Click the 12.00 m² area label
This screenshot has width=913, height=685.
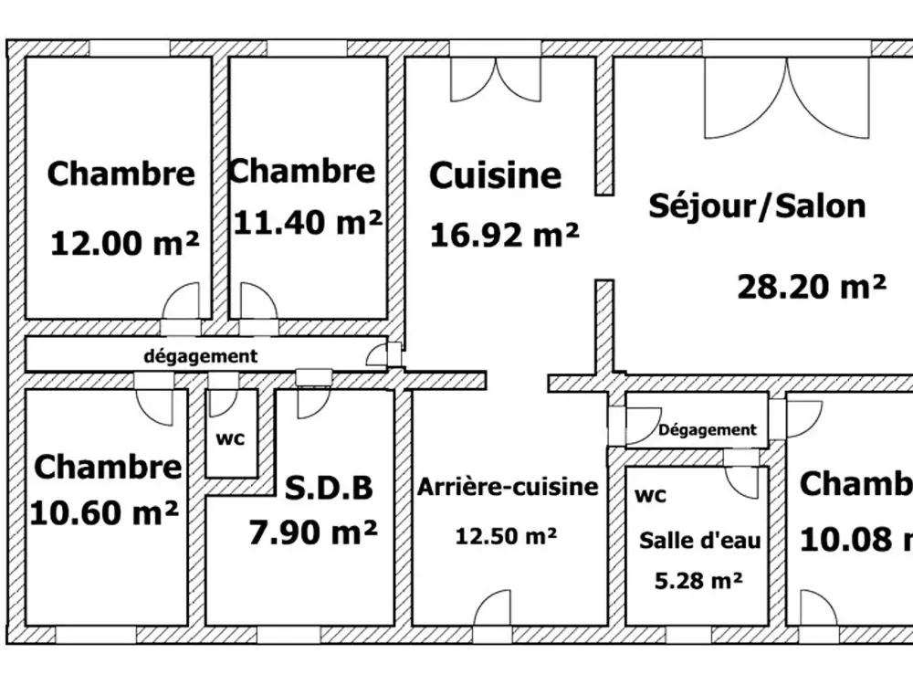pyautogui.click(x=125, y=244)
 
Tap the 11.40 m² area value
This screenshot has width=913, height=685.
pyautogui.click(x=308, y=222)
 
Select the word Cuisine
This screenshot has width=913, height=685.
pyautogui.click(x=496, y=174)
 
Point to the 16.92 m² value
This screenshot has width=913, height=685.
pyautogui.click(x=504, y=235)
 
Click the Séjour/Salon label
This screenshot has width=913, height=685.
pyautogui.click(x=758, y=205)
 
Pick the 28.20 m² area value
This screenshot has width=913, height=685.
pyautogui.click(x=812, y=287)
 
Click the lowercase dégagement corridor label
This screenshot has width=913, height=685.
pyautogui.click(x=200, y=356)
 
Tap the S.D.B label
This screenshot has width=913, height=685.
pyautogui.click(x=329, y=488)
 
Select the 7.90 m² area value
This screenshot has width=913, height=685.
pyautogui.click(x=313, y=532)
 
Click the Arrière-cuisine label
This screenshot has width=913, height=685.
pyautogui.click(x=508, y=487)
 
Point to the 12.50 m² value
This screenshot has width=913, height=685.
pyautogui.click(x=506, y=536)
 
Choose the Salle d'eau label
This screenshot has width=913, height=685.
pyautogui.click(x=700, y=541)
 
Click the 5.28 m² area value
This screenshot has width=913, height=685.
pyautogui.click(x=698, y=581)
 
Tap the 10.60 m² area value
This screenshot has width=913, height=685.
pyautogui.click(x=104, y=513)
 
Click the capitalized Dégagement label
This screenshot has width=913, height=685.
pyautogui.click(x=708, y=430)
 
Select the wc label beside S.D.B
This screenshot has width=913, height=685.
pyautogui.click(x=231, y=438)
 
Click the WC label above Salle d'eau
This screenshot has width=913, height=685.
pyautogui.click(x=650, y=496)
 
